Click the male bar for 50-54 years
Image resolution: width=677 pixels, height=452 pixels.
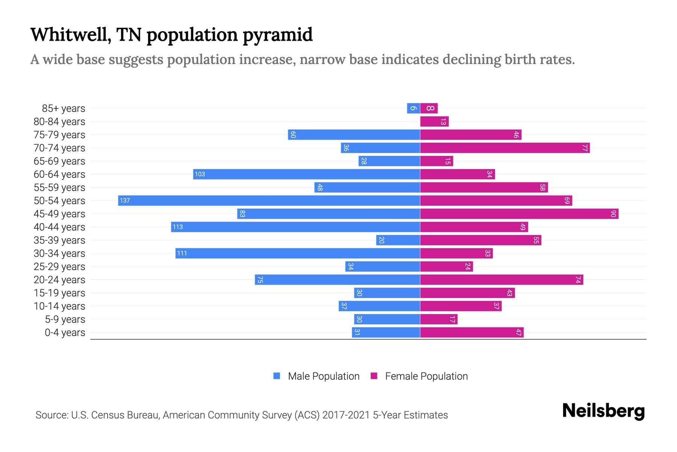coord(269,200)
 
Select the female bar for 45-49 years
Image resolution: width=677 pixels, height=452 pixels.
coord(519,214)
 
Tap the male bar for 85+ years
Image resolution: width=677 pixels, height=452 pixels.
coord(413,108)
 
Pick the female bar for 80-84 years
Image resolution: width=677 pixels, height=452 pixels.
coord(434,122)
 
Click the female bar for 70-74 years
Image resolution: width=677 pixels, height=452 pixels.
coord(505,148)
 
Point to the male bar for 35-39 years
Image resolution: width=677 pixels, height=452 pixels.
coord(398,240)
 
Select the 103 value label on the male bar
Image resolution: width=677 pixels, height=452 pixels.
coord(200,174)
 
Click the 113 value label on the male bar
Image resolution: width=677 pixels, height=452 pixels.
coord(178,227)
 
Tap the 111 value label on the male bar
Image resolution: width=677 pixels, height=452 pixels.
coord(182,253)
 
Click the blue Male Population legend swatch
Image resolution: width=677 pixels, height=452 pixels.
coord(277,376)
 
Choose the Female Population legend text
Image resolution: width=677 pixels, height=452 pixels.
coord(426,376)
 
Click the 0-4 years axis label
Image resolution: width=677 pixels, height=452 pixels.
coord(65,333)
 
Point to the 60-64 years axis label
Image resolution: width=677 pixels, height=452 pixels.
coord(59,174)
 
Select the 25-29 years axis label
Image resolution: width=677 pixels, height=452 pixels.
coord(59,267)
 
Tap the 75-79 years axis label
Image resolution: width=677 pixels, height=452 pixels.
coord(59,135)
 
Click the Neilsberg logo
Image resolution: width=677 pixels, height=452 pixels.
coord(603,411)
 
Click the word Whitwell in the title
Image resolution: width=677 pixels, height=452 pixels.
coord(70,35)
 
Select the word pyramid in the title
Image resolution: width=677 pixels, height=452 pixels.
coord(277,35)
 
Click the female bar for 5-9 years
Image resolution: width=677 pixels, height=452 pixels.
coord(439,319)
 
